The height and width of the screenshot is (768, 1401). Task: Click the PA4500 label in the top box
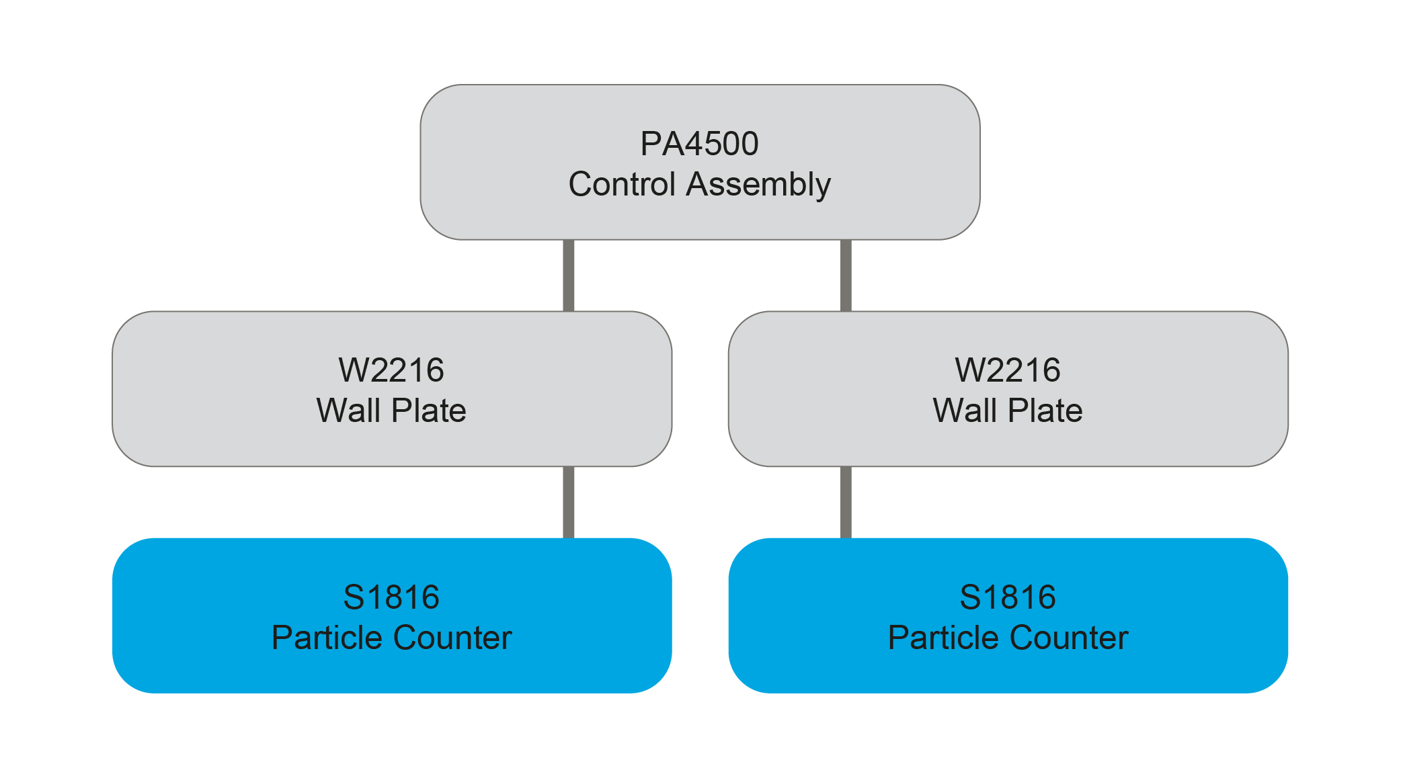[699, 144]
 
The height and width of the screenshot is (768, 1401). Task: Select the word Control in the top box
[622, 184]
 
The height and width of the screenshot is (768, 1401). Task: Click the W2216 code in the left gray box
[391, 370]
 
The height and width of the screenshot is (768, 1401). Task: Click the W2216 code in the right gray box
[1008, 370]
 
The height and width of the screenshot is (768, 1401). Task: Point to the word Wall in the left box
[348, 411]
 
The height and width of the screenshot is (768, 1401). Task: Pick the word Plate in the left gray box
[429, 411]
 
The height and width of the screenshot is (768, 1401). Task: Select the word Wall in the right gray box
[965, 411]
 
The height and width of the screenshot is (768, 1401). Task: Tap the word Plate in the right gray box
[1045, 411]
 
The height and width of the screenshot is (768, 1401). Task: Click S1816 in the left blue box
[391, 597]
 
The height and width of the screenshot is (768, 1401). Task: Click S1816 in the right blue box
[1008, 597]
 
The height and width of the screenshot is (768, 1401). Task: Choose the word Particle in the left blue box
[327, 638]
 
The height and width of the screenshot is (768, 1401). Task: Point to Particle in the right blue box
[943, 638]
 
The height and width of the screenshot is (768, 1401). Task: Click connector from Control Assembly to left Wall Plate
[569, 275]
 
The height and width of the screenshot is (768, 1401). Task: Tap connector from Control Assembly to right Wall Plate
[846, 275]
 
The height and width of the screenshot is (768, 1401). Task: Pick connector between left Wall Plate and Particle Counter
[569, 502]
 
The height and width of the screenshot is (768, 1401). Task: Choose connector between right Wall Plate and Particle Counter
[846, 502]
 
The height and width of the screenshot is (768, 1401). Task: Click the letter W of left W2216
[353, 370]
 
